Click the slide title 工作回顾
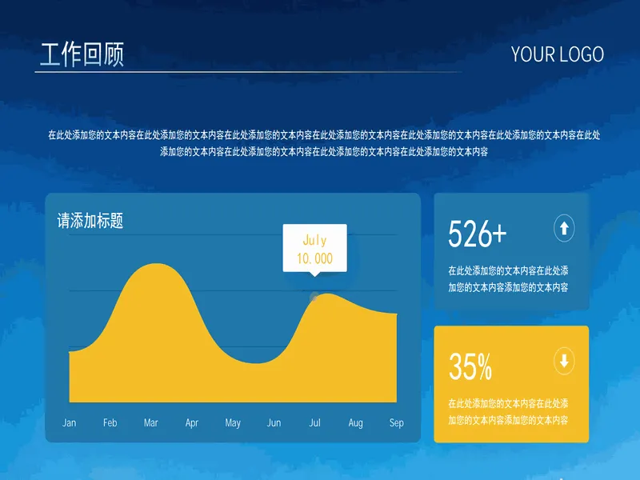[82, 54]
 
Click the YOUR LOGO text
[557, 54]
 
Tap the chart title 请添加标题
[90, 221]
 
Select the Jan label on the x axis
[69, 423]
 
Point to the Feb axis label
[110, 423]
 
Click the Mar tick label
[150, 423]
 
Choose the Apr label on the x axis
[191, 423]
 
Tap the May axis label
[233, 423]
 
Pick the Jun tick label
[274, 423]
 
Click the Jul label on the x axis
[314, 423]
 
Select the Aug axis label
[355, 423]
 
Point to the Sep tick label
[396, 423]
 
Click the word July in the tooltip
[314, 241]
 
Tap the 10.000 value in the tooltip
[314, 258]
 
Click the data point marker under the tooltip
[314, 297]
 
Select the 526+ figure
[477, 234]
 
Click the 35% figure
[470, 366]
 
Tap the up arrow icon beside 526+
[564, 228]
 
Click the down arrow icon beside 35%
[564, 361]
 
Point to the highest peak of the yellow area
[155, 264]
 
